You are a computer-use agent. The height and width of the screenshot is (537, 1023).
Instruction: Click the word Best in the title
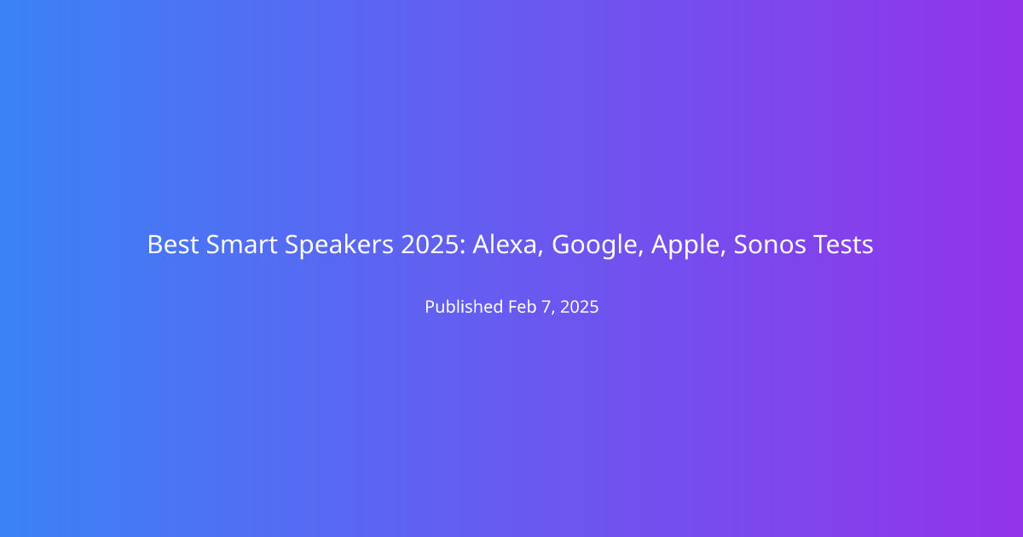(x=172, y=245)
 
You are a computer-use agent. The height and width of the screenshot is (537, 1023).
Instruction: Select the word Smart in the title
(x=242, y=245)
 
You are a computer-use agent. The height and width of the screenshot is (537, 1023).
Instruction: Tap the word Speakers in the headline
(x=339, y=246)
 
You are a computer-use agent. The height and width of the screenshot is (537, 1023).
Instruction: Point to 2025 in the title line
(x=430, y=245)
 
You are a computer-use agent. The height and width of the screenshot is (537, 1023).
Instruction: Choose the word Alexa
(x=504, y=245)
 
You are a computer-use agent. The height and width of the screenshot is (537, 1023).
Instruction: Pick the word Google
(x=594, y=246)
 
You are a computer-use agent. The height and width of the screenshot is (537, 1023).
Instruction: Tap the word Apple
(x=685, y=246)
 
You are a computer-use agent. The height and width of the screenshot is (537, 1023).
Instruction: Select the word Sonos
(x=770, y=245)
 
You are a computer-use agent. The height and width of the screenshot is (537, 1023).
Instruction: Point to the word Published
(x=464, y=307)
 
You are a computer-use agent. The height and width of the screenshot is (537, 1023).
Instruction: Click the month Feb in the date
(x=523, y=307)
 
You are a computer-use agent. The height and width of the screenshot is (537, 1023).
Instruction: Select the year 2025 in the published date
(x=579, y=307)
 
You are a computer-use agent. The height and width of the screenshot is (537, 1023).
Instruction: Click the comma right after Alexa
(x=540, y=253)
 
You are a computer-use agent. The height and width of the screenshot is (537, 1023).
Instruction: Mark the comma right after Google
(x=641, y=253)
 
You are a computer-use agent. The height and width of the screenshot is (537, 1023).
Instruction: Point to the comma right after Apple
(x=723, y=253)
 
